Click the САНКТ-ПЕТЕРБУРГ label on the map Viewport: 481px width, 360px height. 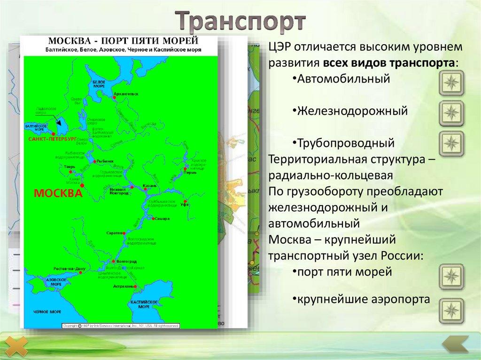(x=52, y=139)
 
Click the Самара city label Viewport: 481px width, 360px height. (x=162, y=219)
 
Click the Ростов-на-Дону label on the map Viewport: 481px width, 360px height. (x=68, y=268)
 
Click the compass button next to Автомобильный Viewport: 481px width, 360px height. (x=451, y=84)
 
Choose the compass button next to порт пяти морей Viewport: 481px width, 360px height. (x=451, y=276)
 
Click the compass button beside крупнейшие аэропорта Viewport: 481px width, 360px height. (x=451, y=310)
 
